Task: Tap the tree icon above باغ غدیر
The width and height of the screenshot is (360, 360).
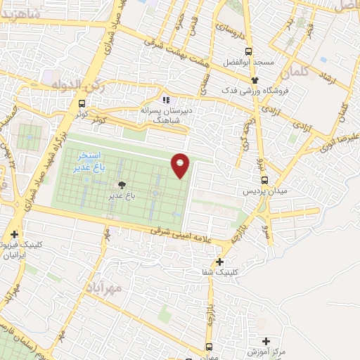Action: click(x=122, y=185)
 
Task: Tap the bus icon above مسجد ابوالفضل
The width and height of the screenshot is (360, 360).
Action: click(x=247, y=51)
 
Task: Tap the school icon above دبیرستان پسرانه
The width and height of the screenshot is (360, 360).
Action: click(x=167, y=100)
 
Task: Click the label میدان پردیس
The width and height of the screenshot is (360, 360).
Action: click(x=262, y=191)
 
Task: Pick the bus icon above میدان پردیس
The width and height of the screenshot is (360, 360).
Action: click(x=264, y=179)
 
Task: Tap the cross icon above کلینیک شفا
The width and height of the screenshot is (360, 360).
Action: click(x=220, y=262)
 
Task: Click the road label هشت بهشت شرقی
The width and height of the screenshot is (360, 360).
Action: click(x=186, y=49)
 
